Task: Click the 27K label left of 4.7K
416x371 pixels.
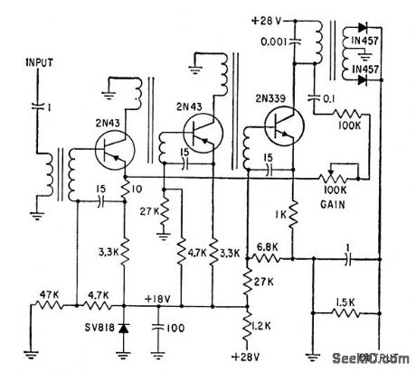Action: click(x=151, y=214)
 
